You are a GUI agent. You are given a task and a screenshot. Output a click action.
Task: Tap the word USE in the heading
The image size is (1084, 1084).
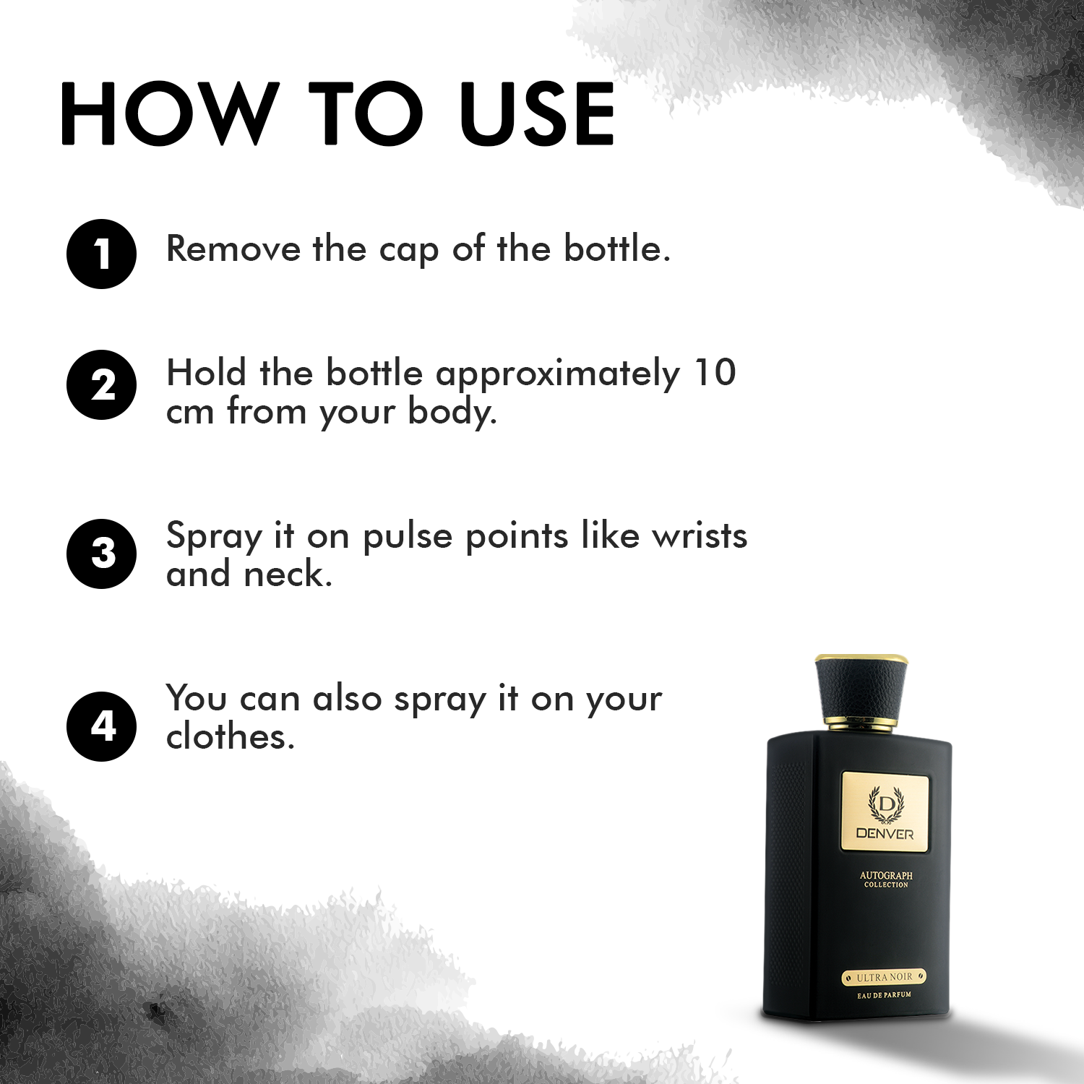[536, 113]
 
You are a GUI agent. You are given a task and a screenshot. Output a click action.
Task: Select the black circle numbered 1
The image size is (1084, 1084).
[101, 254]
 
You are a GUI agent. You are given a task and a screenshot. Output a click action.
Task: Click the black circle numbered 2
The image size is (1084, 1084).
[101, 384]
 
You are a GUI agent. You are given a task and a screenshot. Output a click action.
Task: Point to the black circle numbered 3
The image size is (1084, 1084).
[101, 554]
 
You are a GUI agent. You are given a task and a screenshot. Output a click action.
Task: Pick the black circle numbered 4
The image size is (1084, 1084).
[101, 726]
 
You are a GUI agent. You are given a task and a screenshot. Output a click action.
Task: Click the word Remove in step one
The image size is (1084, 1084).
[233, 249]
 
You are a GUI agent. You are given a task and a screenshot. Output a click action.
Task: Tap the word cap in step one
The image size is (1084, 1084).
[408, 250]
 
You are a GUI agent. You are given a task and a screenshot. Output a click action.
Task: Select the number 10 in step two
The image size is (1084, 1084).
[714, 373]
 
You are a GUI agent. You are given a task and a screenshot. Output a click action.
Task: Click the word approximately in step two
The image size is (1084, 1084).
[557, 374]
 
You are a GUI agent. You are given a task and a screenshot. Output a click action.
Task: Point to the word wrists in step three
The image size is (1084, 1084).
[699, 535]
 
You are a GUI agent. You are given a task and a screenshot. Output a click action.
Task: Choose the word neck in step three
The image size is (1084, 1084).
[288, 575]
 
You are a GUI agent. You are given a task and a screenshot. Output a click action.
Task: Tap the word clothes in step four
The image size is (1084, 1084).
[230, 736]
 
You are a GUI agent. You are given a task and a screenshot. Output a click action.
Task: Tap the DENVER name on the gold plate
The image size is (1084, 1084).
[885, 833]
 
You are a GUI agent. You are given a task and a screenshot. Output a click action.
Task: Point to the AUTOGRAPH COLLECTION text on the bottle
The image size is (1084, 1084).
[886, 879]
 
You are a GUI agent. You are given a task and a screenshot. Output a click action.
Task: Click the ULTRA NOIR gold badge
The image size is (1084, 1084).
[884, 977]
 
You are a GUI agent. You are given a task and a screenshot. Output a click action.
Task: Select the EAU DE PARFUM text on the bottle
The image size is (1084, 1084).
[884, 995]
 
